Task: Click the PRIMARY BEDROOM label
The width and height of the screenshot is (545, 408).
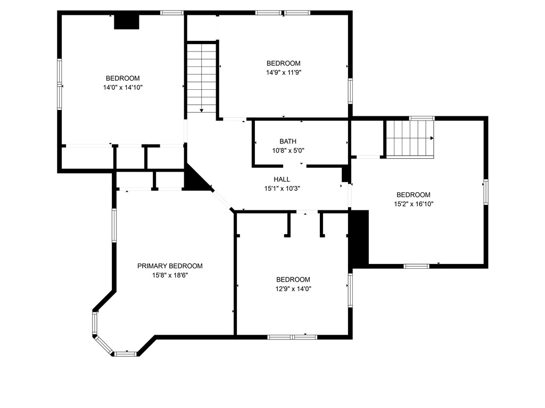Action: [170, 266]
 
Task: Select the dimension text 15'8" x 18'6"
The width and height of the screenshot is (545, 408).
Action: [170, 275]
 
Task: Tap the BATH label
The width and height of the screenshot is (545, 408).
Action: [288, 141]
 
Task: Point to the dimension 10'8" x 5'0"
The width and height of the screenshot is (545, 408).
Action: [288, 150]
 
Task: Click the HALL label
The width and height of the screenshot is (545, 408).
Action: [282, 179]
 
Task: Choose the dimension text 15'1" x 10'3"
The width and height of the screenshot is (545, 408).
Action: [282, 188]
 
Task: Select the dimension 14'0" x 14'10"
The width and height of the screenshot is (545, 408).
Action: [123, 87]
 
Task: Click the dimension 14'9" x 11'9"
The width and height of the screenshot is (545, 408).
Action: [284, 72]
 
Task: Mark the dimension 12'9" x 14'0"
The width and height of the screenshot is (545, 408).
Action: [293, 289]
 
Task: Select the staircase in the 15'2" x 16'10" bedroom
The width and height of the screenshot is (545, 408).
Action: [410, 139]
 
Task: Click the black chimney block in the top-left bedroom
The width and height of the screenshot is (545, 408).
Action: [127, 22]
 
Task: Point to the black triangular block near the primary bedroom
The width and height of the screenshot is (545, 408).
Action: [194, 180]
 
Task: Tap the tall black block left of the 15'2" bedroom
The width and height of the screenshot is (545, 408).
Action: [359, 239]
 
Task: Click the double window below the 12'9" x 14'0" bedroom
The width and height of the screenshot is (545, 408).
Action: [292, 337]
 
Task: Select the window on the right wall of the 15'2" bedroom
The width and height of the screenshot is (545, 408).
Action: [485, 192]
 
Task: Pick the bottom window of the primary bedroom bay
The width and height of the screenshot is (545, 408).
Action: [126, 353]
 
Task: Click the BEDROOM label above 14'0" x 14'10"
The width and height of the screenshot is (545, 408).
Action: [123, 78]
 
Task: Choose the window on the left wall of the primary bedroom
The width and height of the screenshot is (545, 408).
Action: [114, 225]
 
